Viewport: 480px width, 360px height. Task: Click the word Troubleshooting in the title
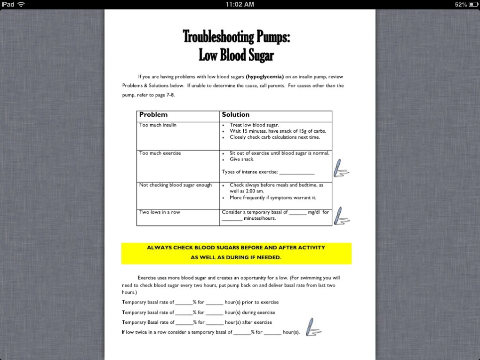(x=218, y=36)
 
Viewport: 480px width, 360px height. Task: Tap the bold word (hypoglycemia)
(x=264, y=77)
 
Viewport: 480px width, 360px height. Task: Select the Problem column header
(x=153, y=115)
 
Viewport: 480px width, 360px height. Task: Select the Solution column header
(x=236, y=115)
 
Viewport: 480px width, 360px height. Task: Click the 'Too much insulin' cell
(x=158, y=125)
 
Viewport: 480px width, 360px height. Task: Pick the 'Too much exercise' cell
(x=160, y=153)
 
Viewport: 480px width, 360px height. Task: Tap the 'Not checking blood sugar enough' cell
(x=176, y=185)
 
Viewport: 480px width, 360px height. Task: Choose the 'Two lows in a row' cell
(x=160, y=212)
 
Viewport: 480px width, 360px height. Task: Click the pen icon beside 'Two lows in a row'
(x=341, y=216)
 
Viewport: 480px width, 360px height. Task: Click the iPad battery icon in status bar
(x=472, y=4)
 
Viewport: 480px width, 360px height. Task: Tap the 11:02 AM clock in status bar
(x=240, y=4)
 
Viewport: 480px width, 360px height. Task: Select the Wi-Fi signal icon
(x=21, y=4)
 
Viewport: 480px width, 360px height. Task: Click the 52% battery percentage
(x=461, y=4)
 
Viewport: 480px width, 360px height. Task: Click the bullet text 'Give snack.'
(x=242, y=160)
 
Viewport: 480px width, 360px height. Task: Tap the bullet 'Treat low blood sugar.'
(x=254, y=125)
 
